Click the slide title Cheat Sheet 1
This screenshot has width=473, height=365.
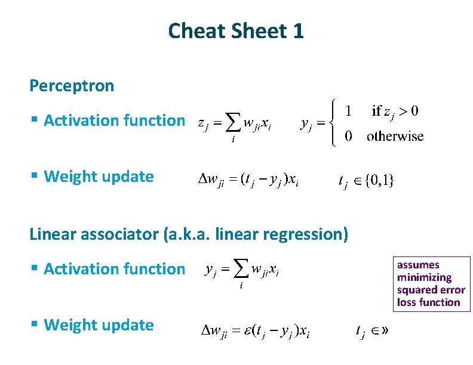[236, 31]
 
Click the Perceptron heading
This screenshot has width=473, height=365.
[72, 86]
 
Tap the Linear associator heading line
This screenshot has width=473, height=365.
[188, 234]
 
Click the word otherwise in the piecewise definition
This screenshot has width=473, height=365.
[395, 137]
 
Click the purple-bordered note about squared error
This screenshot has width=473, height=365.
[431, 283]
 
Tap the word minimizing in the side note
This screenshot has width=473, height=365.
[424, 277]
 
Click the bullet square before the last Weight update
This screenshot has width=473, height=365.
[36, 326]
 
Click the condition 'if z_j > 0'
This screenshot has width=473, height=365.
[394, 111]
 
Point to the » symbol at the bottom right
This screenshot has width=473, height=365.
[377, 331]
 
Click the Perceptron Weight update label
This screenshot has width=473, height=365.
[99, 177]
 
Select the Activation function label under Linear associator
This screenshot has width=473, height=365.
[114, 269]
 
